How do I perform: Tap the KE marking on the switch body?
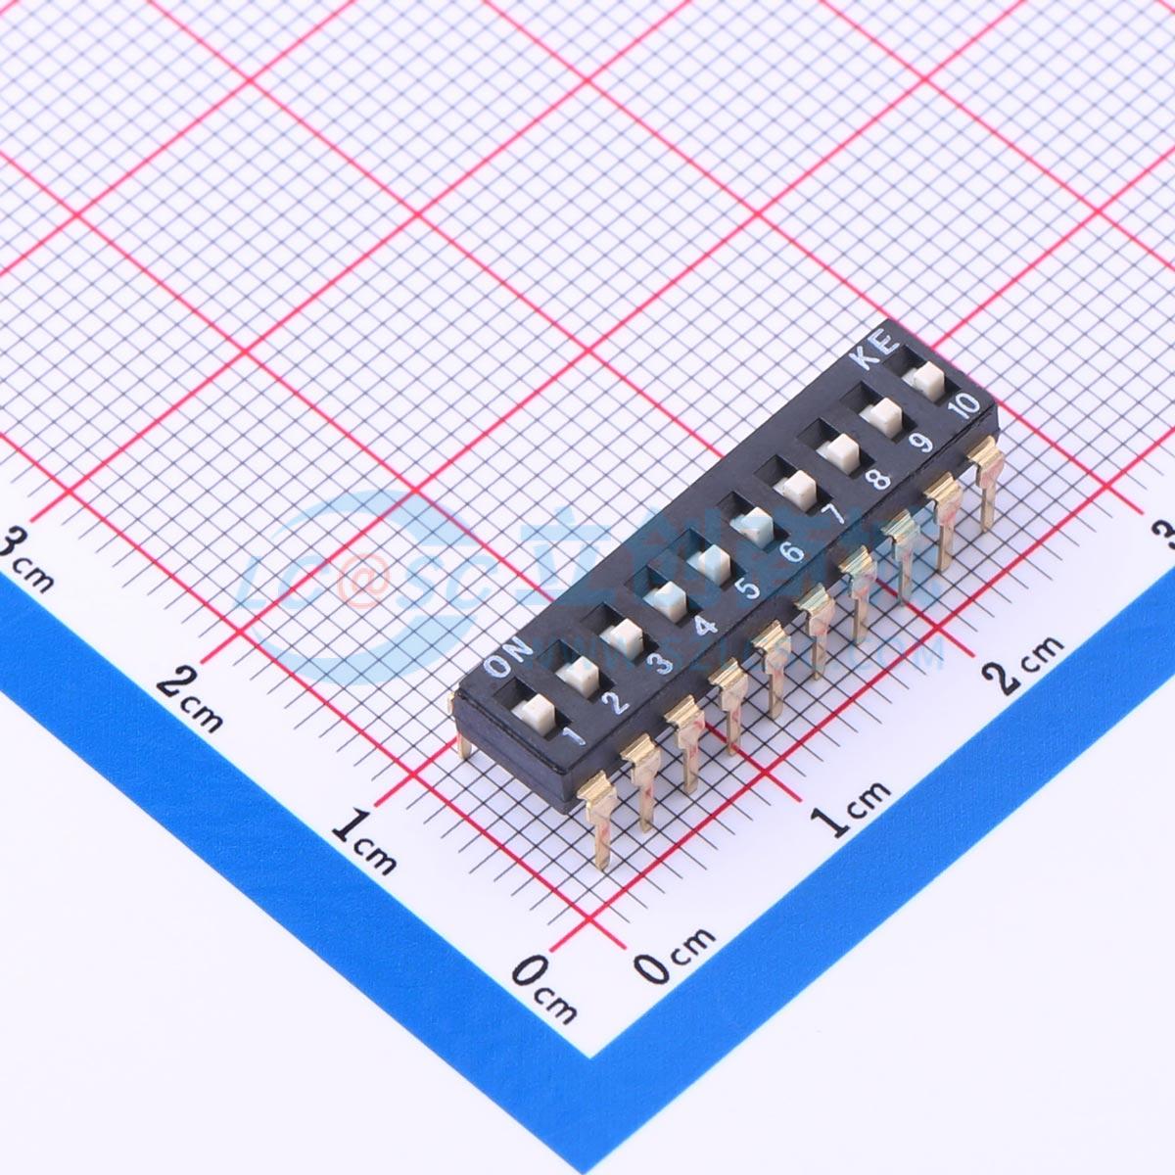click(874, 352)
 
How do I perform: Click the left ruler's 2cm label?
click(190, 700)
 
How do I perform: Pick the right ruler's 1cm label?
click(852, 808)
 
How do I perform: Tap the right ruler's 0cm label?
click(676, 955)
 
